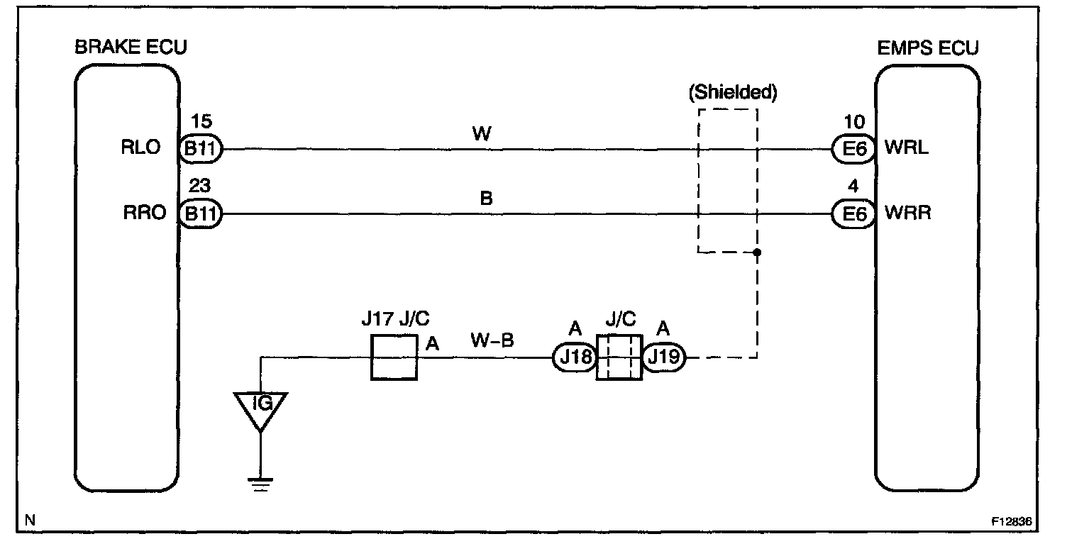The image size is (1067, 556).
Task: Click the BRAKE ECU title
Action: tap(131, 48)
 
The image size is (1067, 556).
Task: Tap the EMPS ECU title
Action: tap(927, 48)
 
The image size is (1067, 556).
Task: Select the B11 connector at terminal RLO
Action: tap(201, 150)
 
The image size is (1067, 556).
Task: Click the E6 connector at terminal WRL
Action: tap(853, 150)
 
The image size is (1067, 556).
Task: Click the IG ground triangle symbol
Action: tap(262, 408)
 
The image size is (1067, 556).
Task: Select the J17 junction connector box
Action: tap(394, 358)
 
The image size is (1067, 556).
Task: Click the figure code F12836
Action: tap(1011, 521)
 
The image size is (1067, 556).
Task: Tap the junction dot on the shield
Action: tap(758, 252)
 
